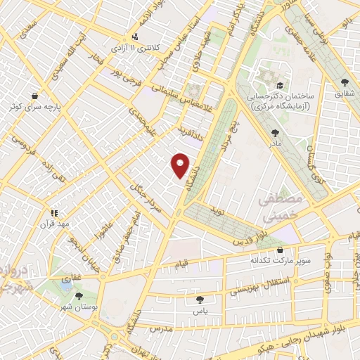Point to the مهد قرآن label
[54, 224]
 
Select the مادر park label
[274, 143]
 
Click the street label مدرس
[161, 329]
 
